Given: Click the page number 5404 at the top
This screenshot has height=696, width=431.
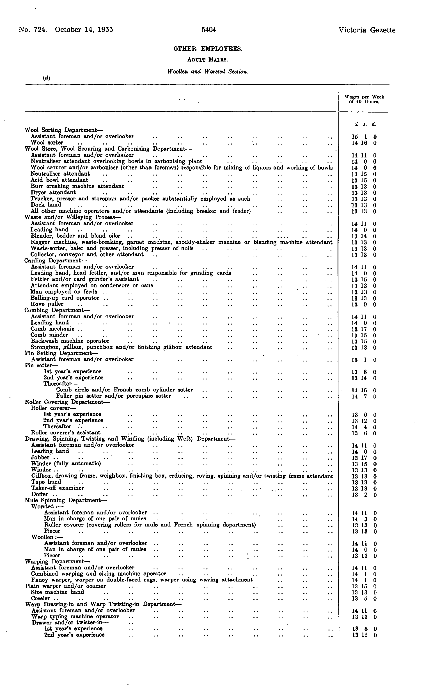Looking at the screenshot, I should point(208,30).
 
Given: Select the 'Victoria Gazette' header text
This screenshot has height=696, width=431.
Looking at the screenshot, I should point(367,30).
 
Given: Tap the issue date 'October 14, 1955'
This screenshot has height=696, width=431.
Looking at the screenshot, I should point(84,30).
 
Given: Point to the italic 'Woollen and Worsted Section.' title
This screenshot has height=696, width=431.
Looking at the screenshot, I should point(208,72).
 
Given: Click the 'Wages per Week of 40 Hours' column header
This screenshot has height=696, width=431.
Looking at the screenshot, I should point(364,99).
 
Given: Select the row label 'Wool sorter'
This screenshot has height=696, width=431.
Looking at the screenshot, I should point(47,143).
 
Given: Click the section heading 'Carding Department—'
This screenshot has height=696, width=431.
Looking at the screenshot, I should point(56,260).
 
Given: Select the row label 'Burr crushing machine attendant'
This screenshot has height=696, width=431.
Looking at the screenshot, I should point(77,186).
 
